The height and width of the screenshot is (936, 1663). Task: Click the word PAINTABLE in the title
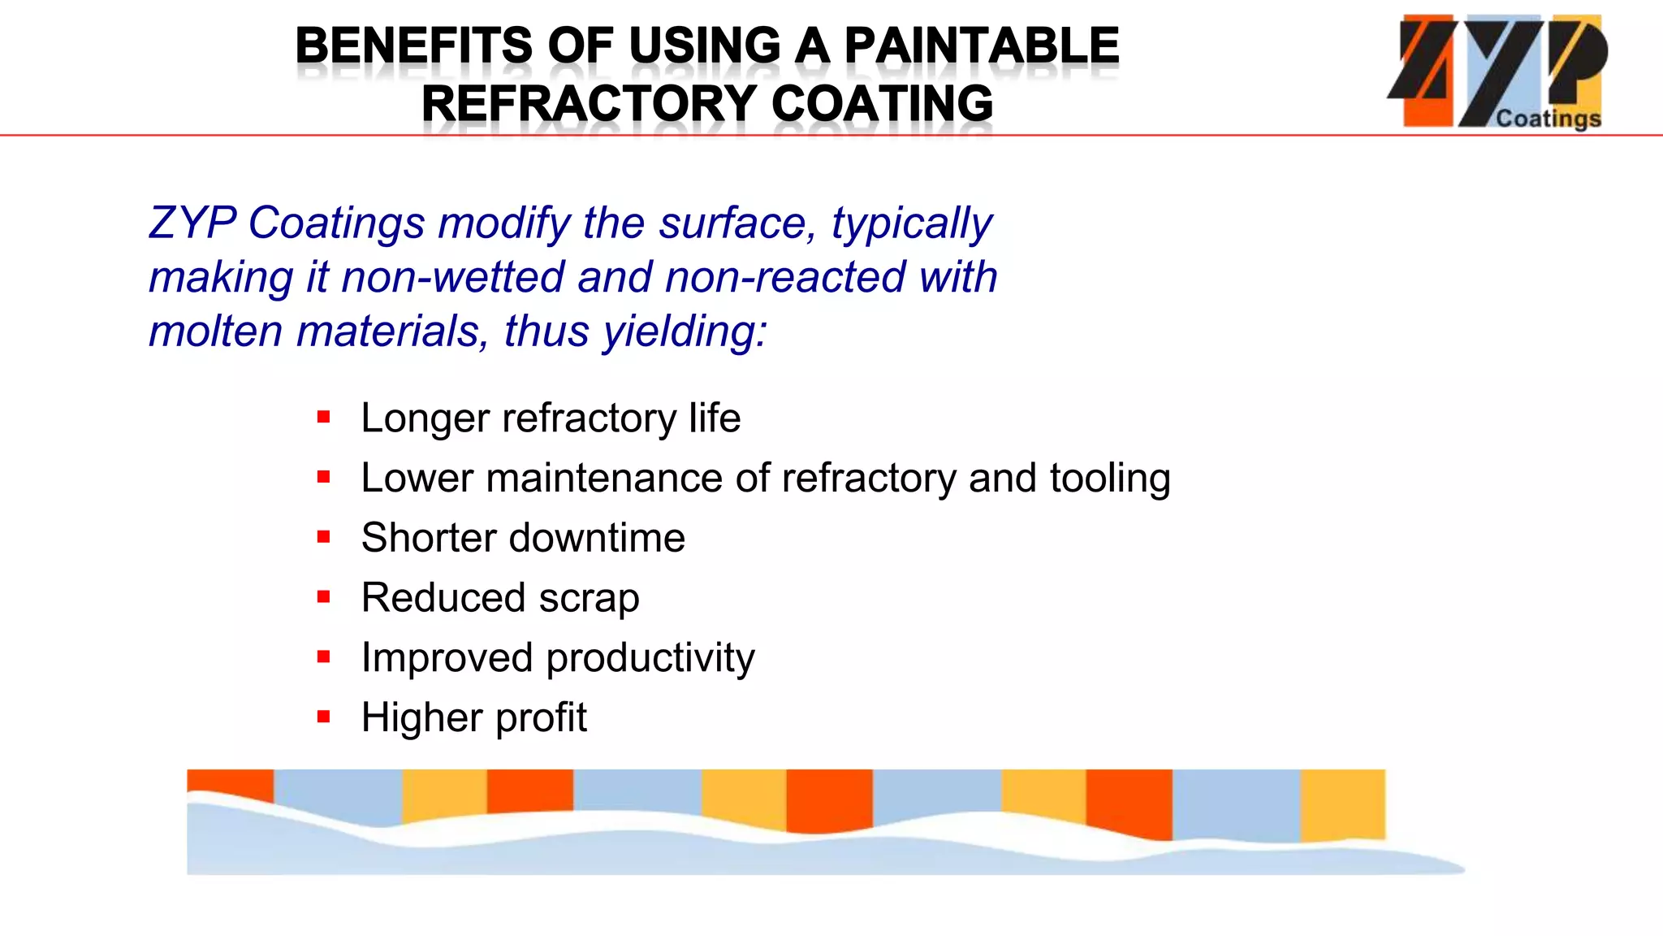[x=981, y=45]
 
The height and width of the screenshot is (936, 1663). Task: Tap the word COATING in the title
[x=882, y=104]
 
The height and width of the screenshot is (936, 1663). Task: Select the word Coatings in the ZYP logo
[x=1548, y=119]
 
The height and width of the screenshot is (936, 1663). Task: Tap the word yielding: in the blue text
[x=684, y=331]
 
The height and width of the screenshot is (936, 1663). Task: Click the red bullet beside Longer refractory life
[x=324, y=418]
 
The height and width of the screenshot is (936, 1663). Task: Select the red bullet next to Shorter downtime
[x=324, y=537]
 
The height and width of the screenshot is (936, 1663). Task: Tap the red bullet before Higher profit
[x=324, y=717]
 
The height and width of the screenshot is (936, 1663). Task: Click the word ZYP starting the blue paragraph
[x=192, y=223]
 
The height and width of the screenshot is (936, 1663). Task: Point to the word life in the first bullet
[x=715, y=418]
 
